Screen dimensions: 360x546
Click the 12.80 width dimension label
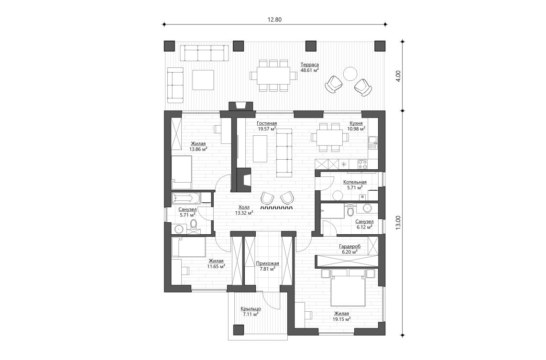275,20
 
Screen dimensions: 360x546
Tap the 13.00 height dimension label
398,222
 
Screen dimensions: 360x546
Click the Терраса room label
309,65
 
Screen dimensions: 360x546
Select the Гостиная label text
267,123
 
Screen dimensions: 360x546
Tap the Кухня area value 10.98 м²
356,129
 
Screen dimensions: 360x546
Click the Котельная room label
355,182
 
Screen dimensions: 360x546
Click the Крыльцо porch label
251,309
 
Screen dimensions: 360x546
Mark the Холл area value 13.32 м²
244,213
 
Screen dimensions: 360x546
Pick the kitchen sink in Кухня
373,141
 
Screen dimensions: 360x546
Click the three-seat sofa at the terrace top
204,54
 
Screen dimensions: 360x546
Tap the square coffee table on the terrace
203,80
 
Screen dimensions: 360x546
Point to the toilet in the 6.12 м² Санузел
351,211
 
